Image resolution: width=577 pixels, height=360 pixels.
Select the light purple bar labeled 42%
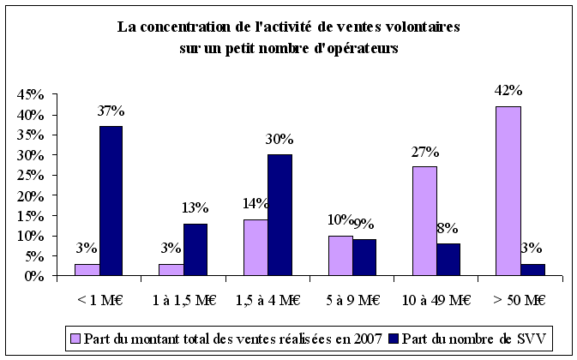(508, 191)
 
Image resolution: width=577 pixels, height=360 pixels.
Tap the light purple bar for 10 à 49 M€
(424, 221)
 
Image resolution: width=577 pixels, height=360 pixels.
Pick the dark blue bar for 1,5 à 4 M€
(279, 215)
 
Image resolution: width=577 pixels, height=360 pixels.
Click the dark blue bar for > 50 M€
(532, 270)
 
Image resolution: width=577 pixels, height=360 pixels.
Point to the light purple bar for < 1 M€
(87, 270)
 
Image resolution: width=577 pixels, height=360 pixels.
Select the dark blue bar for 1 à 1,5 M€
(195, 249)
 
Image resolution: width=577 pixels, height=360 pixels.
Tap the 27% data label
(424, 153)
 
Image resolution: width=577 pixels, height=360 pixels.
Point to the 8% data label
(448, 229)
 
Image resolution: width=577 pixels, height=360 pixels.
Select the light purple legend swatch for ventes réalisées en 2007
(75, 332)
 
